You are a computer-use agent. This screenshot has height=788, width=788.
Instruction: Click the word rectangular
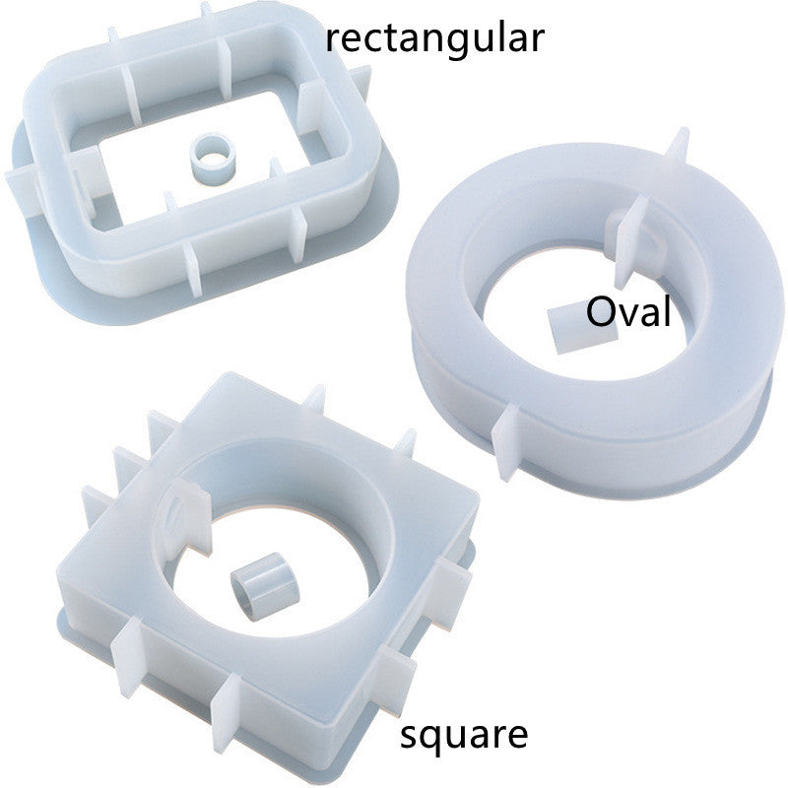[x=435, y=39]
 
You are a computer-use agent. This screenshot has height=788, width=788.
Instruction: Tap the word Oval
[x=628, y=311]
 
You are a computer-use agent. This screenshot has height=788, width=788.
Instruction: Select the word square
[x=463, y=737]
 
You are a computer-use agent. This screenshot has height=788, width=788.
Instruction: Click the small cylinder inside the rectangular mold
[x=213, y=159]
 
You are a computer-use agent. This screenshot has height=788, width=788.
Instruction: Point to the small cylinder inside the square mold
[x=264, y=586]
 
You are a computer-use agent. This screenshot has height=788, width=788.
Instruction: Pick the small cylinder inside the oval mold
[x=578, y=330]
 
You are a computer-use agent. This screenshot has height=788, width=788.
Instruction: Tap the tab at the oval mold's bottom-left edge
[x=505, y=442]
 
